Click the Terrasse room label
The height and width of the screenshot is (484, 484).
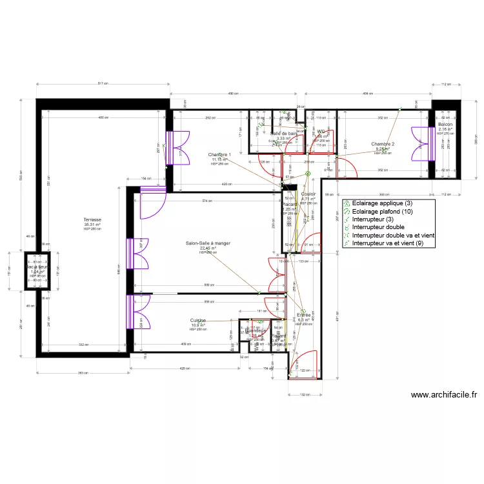[93, 220]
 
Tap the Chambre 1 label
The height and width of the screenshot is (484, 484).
[219, 155]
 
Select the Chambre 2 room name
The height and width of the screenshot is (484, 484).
[383, 144]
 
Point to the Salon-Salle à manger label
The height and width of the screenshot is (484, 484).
[208, 243]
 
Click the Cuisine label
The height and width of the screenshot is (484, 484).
[198, 320]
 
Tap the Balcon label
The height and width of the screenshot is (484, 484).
[445, 125]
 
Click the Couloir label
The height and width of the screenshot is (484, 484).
[308, 194]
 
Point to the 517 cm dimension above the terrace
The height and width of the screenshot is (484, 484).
[102, 84]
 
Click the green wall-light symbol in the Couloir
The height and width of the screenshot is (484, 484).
[308, 174]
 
